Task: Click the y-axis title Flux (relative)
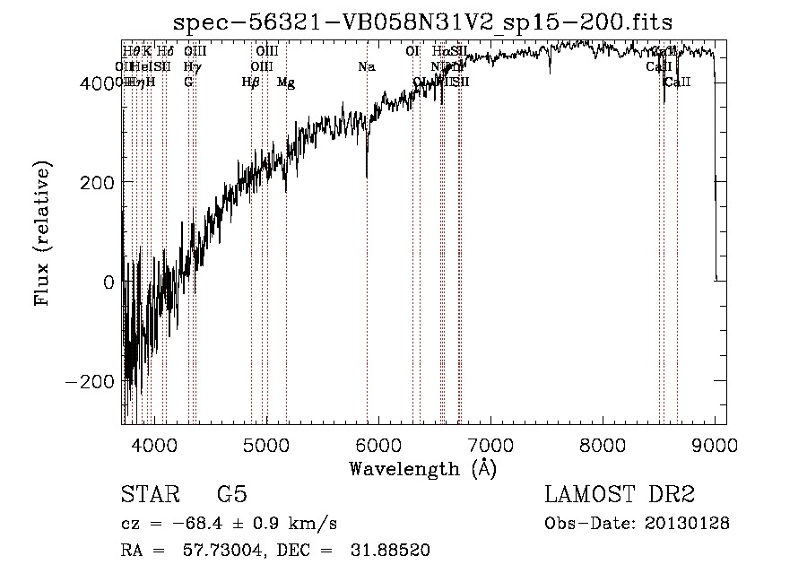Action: (x=42, y=232)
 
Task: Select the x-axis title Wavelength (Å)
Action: (x=422, y=468)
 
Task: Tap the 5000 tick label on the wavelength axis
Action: (x=266, y=444)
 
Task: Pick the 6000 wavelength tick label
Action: (x=378, y=444)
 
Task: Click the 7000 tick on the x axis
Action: (x=490, y=444)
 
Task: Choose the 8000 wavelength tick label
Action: (x=603, y=444)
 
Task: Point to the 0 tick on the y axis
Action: (x=108, y=282)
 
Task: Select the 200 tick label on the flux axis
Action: (x=97, y=182)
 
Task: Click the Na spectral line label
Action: (x=366, y=66)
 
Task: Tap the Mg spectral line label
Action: (x=286, y=83)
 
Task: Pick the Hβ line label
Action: (x=251, y=83)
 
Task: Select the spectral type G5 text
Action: (x=231, y=494)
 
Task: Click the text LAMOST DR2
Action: (x=620, y=494)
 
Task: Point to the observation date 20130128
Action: (x=686, y=523)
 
